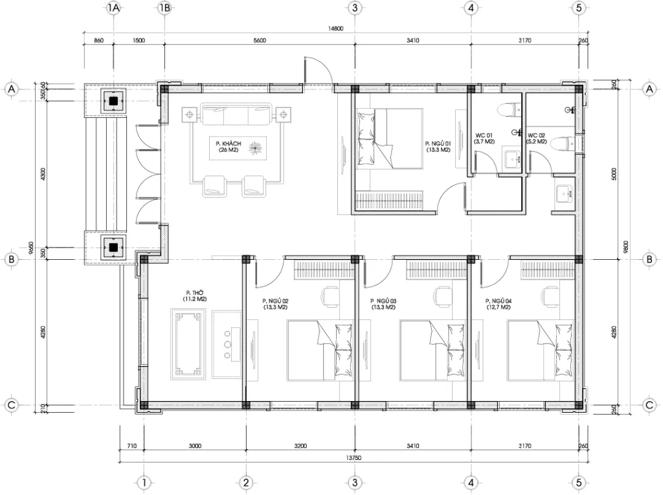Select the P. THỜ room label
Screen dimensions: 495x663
tap(195, 295)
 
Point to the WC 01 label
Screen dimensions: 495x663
tap(485, 137)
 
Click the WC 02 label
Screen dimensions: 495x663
tap(537, 137)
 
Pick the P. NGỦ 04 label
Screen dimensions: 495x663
tap(499, 304)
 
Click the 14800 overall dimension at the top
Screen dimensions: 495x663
tap(335, 29)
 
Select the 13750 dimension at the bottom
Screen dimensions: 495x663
tap(353, 457)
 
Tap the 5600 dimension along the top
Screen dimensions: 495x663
tap(260, 40)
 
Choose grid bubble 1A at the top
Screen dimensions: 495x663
tap(114, 8)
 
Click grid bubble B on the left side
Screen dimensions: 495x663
tap(11, 259)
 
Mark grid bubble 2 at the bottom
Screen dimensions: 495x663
tap(245, 482)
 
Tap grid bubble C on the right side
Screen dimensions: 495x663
tap(649, 405)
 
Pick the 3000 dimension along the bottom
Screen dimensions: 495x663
tap(195, 446)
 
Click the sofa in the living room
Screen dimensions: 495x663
tap(236, 115)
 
